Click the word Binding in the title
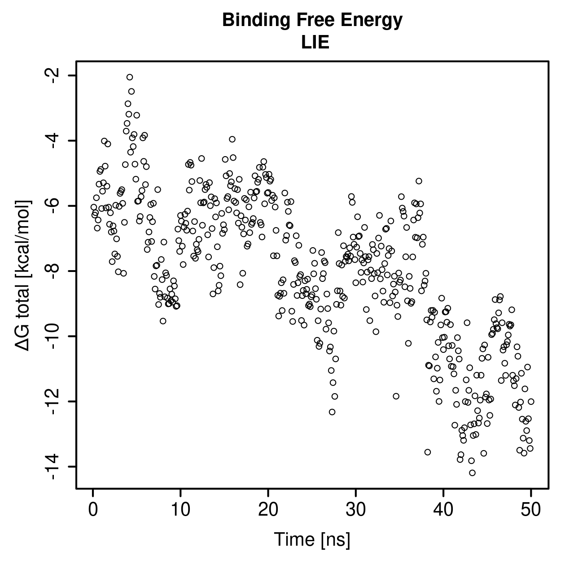(257, 21)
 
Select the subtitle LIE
(315, 42)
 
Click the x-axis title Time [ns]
(312, 540)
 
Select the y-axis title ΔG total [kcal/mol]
(22, 276)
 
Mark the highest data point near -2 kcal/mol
(130, 77)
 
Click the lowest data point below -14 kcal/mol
(472, 473)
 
